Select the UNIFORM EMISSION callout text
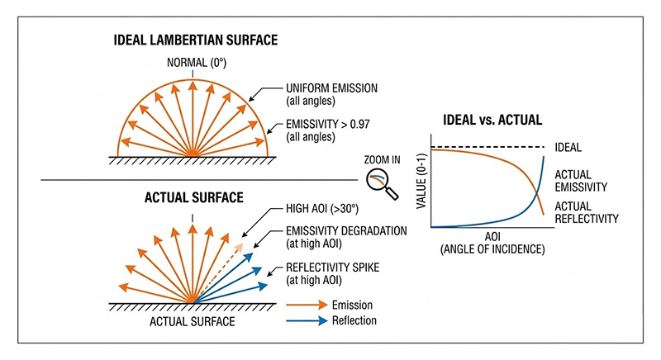coord(332,92)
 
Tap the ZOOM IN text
coord(378,161)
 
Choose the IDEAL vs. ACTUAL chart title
coord(492,119)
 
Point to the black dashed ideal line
coord(487,147)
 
